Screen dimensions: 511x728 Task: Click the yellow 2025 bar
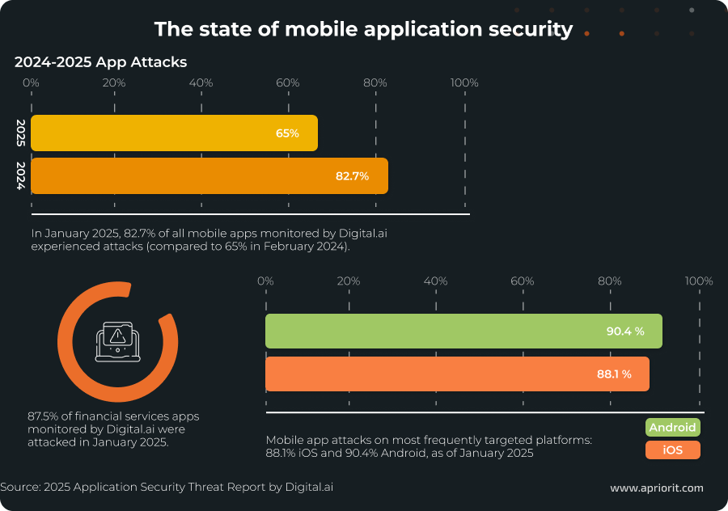174,133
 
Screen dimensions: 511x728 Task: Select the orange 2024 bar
209,176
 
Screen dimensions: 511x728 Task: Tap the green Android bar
463,331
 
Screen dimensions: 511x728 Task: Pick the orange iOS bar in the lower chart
457,374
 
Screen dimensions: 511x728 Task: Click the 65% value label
287,133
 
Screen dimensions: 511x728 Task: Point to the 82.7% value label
352,176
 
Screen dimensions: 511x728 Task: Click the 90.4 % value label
625,332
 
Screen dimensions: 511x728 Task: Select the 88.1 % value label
613,374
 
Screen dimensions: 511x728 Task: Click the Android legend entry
672,428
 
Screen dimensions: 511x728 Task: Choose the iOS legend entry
672,450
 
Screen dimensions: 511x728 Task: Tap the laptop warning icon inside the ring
117,342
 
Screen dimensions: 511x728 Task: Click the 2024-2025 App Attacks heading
100,61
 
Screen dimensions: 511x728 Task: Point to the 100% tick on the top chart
465,82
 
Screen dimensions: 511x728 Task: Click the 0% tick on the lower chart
265,281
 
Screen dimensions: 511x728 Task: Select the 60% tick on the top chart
287,82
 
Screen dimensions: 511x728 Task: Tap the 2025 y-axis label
21,133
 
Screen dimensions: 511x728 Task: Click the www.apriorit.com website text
656,488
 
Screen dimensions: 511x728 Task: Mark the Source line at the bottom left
167,487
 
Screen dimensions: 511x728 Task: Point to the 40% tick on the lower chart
436,281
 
